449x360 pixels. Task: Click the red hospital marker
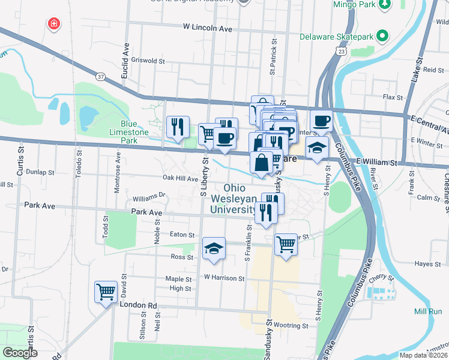54,24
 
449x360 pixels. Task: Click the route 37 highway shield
100,76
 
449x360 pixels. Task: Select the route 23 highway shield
341,53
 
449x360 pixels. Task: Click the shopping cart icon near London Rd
106,292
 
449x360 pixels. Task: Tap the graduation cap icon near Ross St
213,249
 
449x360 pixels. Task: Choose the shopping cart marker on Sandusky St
286,244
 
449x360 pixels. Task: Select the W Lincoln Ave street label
207,28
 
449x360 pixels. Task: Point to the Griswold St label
148,61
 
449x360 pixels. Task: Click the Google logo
20,352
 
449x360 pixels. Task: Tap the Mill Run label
428,311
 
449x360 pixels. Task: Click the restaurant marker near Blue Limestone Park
178,127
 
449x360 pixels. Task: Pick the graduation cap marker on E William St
316,148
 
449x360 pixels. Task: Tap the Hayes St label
428,263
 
